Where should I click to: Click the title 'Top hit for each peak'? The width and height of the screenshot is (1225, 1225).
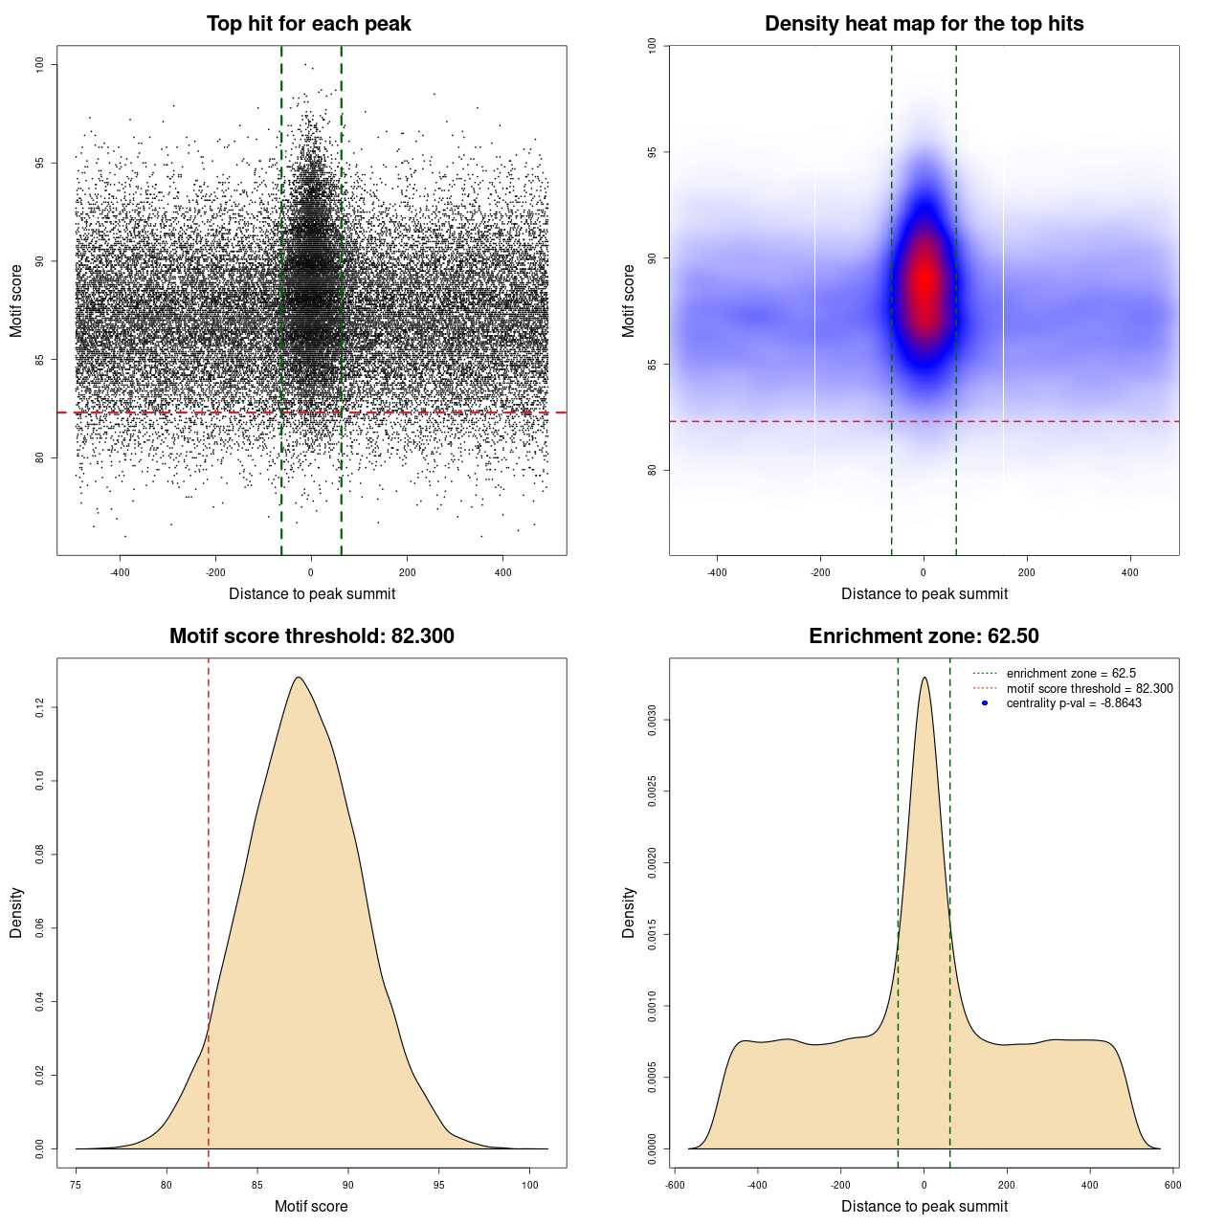(x=309, y=24)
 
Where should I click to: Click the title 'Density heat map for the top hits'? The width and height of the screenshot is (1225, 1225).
(x=924, y=24)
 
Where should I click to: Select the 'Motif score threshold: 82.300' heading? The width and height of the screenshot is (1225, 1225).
(x=311, y=636)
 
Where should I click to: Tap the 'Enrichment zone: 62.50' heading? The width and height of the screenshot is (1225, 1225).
(x=924, y=636)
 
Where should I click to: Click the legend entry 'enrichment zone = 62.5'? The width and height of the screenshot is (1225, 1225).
(x=1071, y=674)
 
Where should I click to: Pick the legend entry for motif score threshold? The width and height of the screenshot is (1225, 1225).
(x=1089, y=688)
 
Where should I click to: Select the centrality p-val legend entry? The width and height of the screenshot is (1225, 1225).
(x=1074, y=703)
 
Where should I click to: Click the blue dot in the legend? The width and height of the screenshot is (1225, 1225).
(x=985, y=703)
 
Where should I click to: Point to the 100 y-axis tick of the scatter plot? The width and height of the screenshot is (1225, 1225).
(x=39, y=64)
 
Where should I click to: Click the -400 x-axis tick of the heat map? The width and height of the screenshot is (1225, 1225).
(x=717, y=572)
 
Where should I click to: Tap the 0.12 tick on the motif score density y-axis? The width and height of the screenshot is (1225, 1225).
(x=39, y=707)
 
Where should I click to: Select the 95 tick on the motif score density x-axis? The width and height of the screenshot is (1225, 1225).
(x=439, y=1185)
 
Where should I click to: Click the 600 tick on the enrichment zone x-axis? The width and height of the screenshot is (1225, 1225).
(x=1172, y=1185)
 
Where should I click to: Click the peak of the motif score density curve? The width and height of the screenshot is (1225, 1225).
(x=300, y=678)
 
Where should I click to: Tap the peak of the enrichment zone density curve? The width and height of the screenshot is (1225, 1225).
(x=924, y=678)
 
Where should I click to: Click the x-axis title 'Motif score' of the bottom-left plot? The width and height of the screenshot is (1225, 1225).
(x=311, y=1206)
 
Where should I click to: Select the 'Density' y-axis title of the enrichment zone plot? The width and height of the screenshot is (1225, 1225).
(x=629, y=912)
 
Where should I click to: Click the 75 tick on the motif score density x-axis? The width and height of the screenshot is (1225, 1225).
(x=76, y=1185)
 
